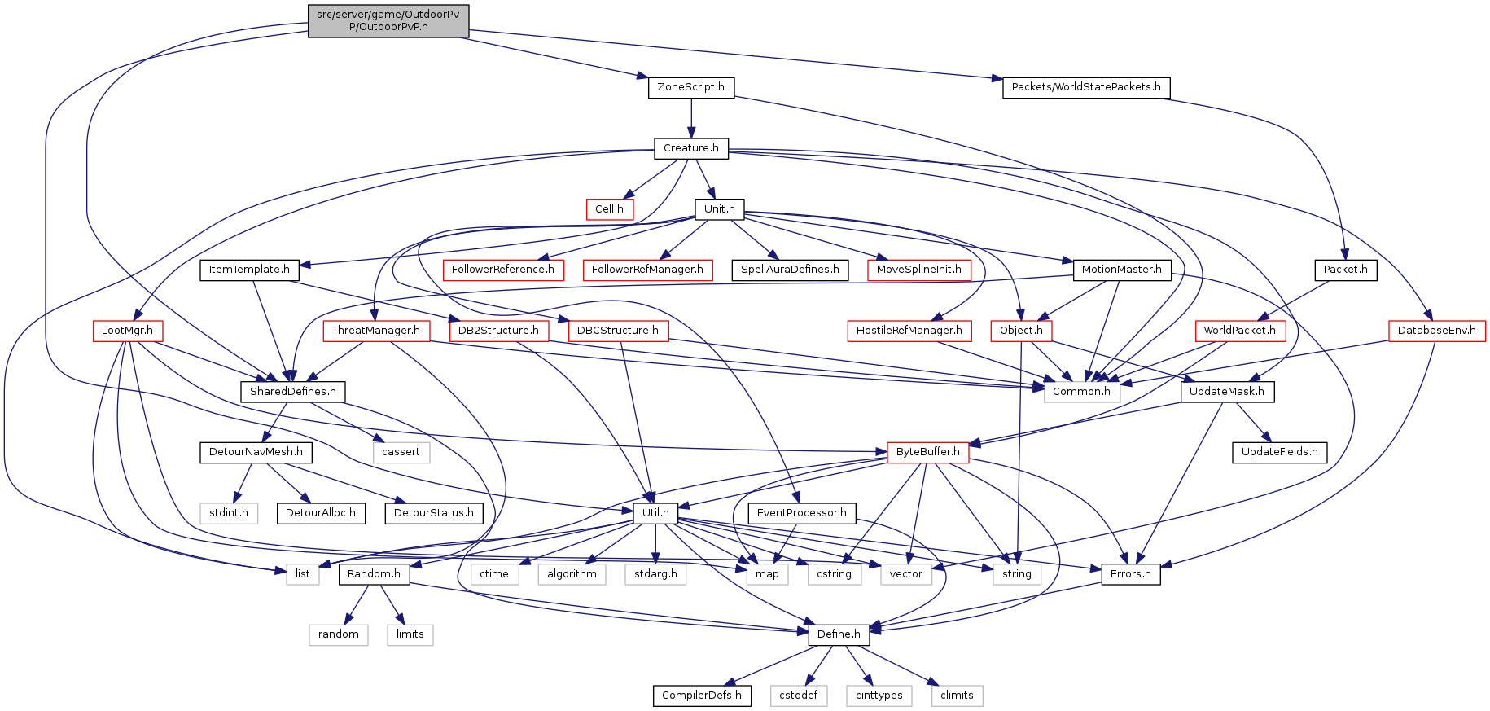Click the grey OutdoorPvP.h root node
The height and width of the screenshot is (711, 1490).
point(388,21)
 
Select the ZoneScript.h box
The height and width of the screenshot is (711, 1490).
point(690,87)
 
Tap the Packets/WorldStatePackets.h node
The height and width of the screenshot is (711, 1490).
point(1085,87)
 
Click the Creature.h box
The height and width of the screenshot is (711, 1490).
point(690,148)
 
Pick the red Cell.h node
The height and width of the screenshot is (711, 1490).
point(609,209)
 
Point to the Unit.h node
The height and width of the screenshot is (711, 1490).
point(719,209)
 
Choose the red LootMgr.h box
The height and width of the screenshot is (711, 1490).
point(127,331)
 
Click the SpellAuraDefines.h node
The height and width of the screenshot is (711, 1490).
point(790,270)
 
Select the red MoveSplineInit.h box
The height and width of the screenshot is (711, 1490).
point(918,270)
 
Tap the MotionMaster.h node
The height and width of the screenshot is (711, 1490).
point(1121,270)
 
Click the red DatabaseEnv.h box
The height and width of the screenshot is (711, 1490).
point(1436,331)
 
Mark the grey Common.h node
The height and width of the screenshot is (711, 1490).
point(1081,392)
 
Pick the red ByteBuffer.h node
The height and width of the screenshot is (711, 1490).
point(927,452)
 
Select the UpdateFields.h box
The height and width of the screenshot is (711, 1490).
point(1279,452)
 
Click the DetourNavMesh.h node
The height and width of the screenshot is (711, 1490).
point(256,452)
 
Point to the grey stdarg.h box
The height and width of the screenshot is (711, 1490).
point(655,574)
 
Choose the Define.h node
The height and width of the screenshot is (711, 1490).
point(839,634)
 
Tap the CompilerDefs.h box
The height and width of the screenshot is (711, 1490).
point(701,696)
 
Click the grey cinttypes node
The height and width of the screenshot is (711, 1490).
point(879,696)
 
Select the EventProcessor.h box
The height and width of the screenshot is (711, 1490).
point(801,513)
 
